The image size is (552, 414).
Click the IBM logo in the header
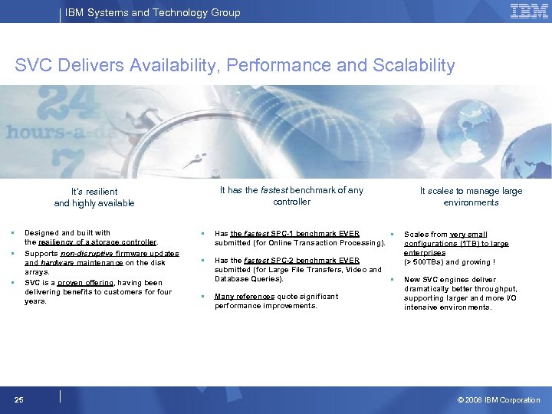(528, 11)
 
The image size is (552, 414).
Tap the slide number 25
(19, 399)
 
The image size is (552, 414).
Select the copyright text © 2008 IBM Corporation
(498, 400)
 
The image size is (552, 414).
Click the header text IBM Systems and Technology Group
(152, 12)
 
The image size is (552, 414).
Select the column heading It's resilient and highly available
(94, 197)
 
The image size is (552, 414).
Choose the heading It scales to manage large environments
(471, 196)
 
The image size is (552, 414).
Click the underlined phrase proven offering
(85, 282)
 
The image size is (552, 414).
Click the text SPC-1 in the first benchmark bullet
(286, 233)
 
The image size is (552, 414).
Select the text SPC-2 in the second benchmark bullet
(286, 261)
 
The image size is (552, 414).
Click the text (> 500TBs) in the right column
(424, 262)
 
